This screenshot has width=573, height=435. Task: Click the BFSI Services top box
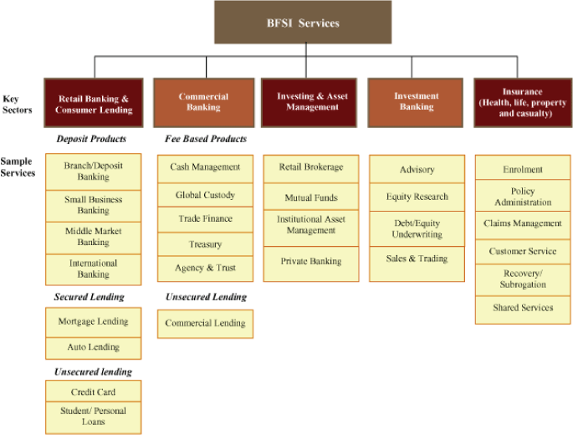point(302,23)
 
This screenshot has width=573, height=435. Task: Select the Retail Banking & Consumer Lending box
point(93,103)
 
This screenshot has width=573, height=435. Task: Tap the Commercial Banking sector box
point(203,102)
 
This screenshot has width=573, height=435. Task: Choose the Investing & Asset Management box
point(311,102)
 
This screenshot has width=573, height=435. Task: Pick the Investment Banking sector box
point(416,102)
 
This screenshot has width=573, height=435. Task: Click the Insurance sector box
point(522,102)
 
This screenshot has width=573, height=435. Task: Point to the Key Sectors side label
point(18,104)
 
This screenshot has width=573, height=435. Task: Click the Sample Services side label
point(18,167)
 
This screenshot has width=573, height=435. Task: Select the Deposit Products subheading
point(91,139)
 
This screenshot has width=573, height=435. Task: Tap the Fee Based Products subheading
point(206,139)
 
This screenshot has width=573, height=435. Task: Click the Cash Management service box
point(205,167)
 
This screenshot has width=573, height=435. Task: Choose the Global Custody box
point(205,195)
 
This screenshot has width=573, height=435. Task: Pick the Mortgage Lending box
point(93,321)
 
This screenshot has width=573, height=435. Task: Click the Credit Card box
point(93,391)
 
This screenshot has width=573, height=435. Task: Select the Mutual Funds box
point(310,198)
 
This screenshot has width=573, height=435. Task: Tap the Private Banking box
point(310,261)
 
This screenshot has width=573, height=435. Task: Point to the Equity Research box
point(417,197)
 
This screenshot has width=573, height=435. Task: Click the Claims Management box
point(523,224)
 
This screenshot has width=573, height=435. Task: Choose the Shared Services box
point(523,308)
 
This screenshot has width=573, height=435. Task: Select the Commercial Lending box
point(205,323)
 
